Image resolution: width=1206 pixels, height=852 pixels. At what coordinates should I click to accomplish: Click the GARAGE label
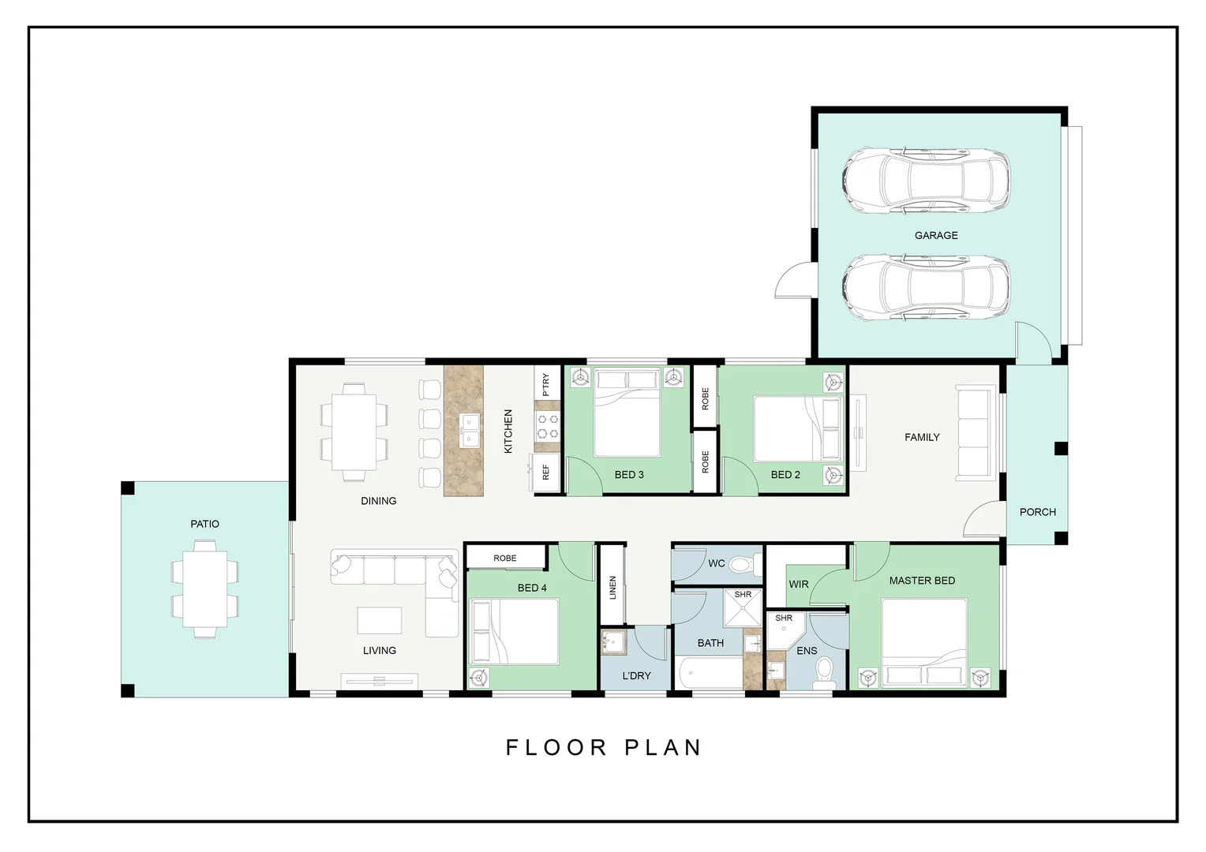click(936, 235)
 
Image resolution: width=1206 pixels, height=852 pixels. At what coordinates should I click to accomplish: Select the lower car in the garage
click(926, 288)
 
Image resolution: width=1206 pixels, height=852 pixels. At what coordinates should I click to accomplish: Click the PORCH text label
click(1037, 512)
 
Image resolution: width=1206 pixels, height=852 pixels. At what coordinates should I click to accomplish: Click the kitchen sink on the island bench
click(470, 429)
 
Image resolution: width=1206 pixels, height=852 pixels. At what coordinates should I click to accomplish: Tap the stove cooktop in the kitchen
click(548, 426)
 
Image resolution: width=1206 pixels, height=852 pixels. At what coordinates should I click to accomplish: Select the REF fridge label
click(545, 472)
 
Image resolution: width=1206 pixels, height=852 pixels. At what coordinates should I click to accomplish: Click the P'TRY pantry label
click(545, 384)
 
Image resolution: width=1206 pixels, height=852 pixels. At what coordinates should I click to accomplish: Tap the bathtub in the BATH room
click(709, 674)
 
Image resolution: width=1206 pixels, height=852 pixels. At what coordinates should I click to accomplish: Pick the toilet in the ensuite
click(825, 672)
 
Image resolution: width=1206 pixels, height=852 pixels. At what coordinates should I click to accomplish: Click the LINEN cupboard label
click(612, 588)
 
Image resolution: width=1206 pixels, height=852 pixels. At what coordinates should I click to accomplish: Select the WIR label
click(799, 585)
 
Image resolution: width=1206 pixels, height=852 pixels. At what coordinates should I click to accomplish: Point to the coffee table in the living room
click(379, 620)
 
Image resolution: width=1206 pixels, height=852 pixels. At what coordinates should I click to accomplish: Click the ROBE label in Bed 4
click(505, 558)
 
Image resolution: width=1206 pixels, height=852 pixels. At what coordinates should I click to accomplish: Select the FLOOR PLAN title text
click(604, 747)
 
